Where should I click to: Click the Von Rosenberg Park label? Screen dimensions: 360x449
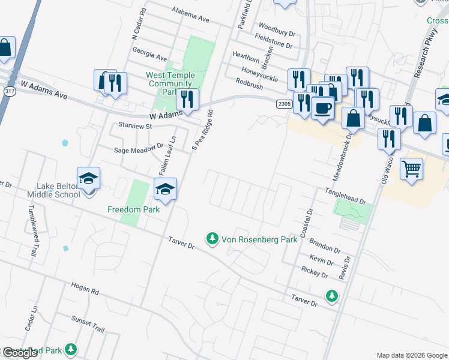(259, 239)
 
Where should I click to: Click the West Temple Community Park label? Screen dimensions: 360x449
(170, 83)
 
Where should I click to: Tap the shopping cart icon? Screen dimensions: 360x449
(411, 169)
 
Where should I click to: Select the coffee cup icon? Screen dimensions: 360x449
(323, 108)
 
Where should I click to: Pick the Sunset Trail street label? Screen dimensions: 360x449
(88, 324)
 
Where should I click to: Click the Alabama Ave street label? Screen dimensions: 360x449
(190, 15)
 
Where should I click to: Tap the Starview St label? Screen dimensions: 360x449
(135, 127)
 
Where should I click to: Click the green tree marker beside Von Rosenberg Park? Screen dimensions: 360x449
(212, 239)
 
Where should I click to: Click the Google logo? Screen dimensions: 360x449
(20, 353)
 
